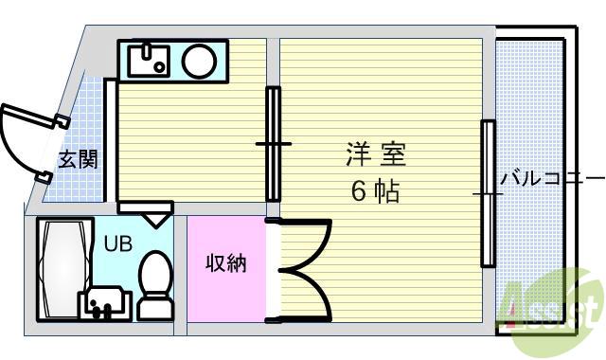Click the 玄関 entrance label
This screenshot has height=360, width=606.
(x=79, y=159)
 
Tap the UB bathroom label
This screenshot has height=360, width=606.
(x=117, y=243)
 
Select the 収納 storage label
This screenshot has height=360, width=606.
(x=226, y=262)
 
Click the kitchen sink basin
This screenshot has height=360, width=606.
(x=148, y=62)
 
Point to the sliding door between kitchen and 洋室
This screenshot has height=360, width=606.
(x=274, y=143)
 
